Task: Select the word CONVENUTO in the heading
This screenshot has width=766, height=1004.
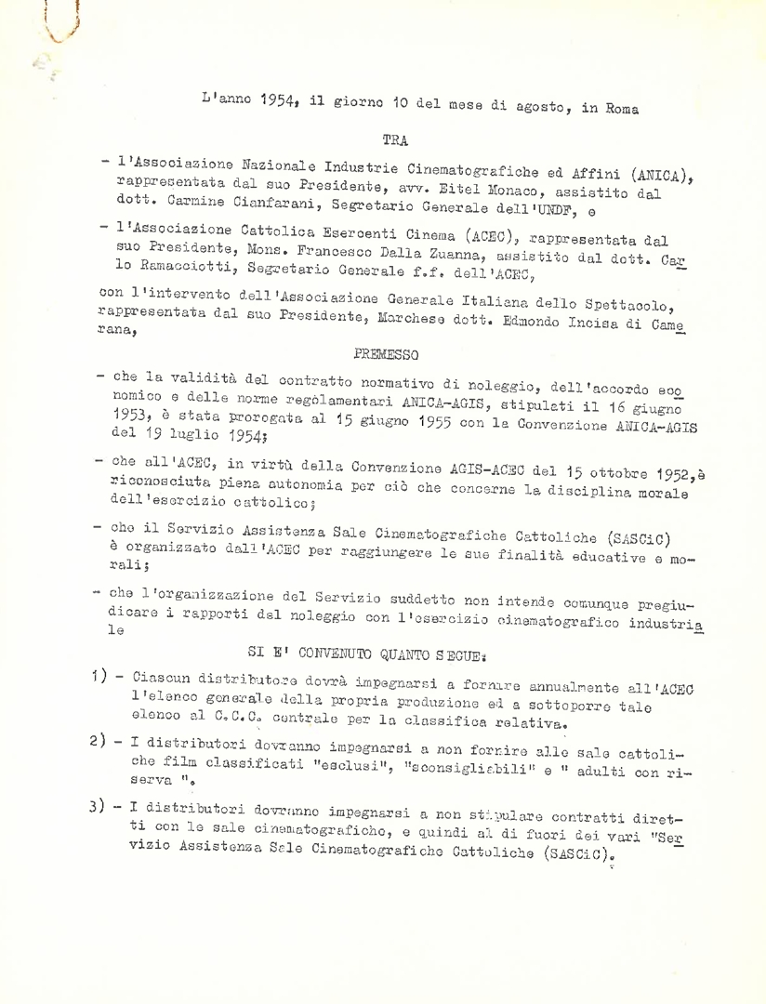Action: tap(381, 651)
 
